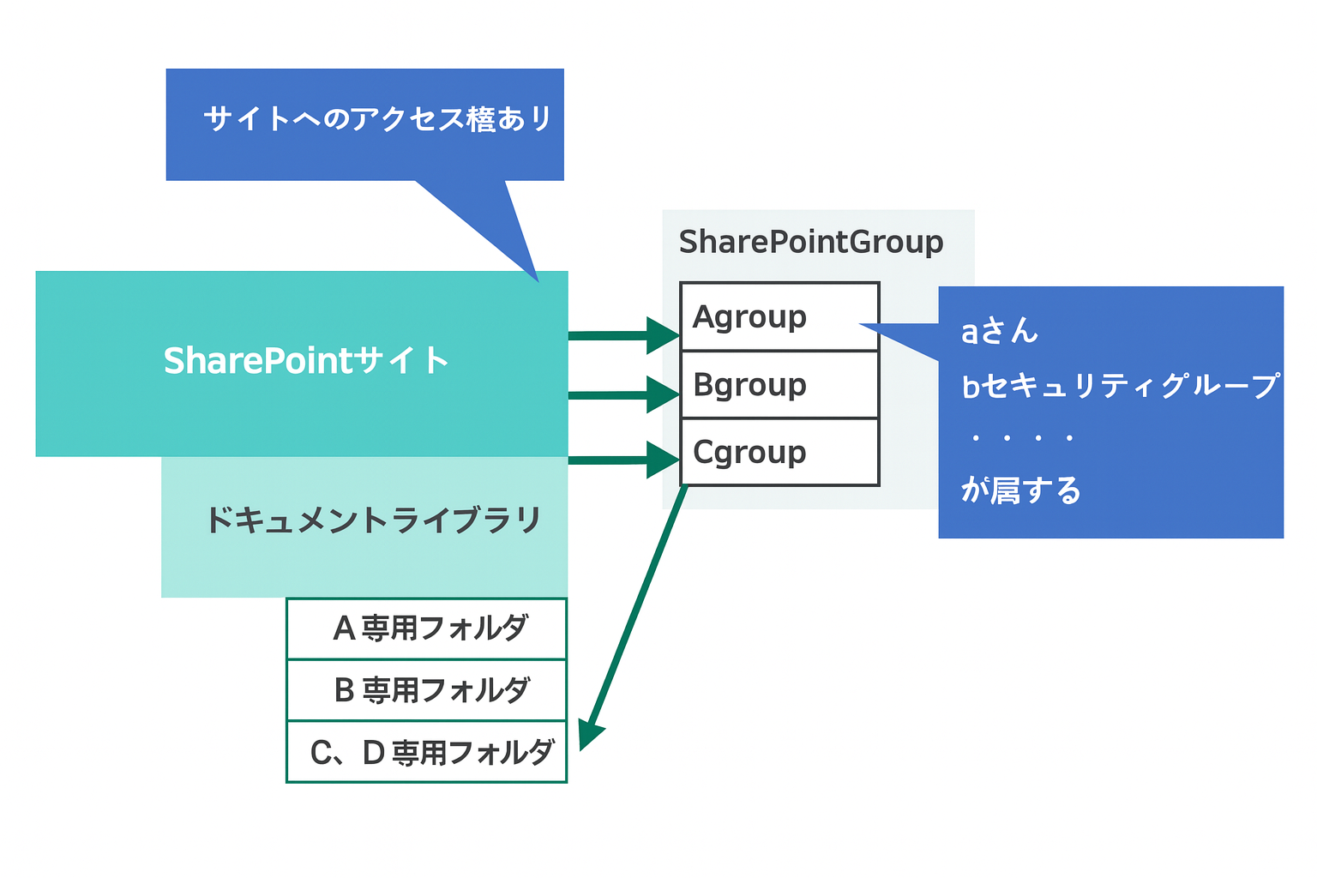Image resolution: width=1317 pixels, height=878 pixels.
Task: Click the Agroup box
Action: (779, 316)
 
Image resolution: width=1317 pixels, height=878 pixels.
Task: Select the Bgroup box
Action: (779, 385)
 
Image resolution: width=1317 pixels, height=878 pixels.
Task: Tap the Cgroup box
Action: (779, 452)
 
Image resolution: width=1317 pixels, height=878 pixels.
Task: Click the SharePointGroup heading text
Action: (810, 242)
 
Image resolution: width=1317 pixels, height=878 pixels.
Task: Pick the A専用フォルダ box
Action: (426, 628)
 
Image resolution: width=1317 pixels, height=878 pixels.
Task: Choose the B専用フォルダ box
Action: (426, 690)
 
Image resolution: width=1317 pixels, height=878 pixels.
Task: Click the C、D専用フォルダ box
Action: (426, 752)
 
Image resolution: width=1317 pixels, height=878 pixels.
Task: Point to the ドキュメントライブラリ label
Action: (373, 520)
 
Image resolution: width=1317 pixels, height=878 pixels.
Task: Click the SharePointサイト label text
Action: (305, 361)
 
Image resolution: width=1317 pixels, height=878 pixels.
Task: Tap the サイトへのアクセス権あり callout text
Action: (377, 119)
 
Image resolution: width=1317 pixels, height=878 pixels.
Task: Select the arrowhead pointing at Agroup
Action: (665, 334)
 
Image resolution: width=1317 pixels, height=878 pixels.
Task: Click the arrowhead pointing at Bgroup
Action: (665, 395)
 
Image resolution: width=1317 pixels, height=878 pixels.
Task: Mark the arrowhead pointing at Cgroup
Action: (665, 460)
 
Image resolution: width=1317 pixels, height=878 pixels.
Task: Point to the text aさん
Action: (999, 331)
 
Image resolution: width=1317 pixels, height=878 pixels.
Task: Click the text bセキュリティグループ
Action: (1119, 386)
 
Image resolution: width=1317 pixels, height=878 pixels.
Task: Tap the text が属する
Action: (1020, 490)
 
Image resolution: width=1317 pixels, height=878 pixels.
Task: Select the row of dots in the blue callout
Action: (1022, 438)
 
